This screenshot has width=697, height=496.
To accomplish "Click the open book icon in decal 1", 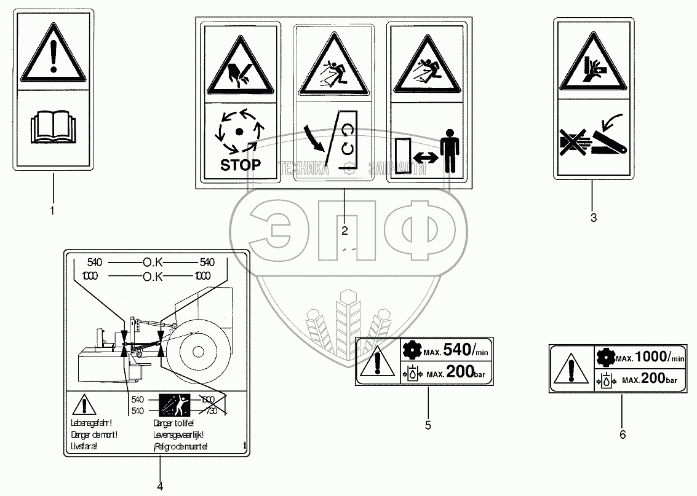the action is click(x=53, y=131).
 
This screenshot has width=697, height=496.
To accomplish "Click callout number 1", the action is click(x=52, y=211).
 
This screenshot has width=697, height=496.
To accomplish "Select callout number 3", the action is click(x=594, y=217).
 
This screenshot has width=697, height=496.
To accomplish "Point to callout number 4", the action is click(x=160, y=487).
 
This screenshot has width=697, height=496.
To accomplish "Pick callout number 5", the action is click(x=428, y=425).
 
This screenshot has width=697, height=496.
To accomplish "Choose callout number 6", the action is click(x=623, y=435).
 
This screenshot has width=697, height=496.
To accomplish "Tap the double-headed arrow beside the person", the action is click(x=423, y=157).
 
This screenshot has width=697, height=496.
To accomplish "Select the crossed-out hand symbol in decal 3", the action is click(x=572, y=141).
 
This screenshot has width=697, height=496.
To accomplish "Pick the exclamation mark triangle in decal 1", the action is click(x=53, y=56).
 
